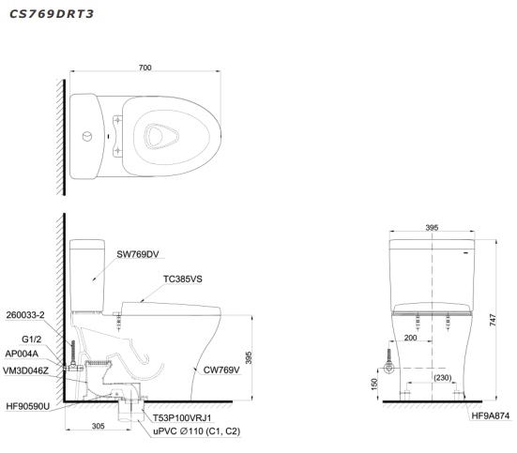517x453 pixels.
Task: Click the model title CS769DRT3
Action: pyautogui.click(x=52, y=14)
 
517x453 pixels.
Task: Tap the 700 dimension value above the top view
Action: pyautogui.click(x=144, y=68)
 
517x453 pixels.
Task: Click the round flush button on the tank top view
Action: pyautogui.click(x=87, y=136)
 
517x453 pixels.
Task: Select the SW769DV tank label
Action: pyautogui.click(x=138, y=254)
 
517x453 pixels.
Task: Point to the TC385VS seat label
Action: pyautogui.click(x=183, y=279)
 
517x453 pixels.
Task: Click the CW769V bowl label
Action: pyautogui.click(x=221, y=370)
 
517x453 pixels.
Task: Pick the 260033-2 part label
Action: pyautogui.click(x=25, y=315)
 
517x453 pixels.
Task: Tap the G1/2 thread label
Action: pyautogui.click(x=31, y=339)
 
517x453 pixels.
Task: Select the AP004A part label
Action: pyautogui.click(x=22, y=354)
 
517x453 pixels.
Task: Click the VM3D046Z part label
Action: pyautogui.click(x=25, y=370)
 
